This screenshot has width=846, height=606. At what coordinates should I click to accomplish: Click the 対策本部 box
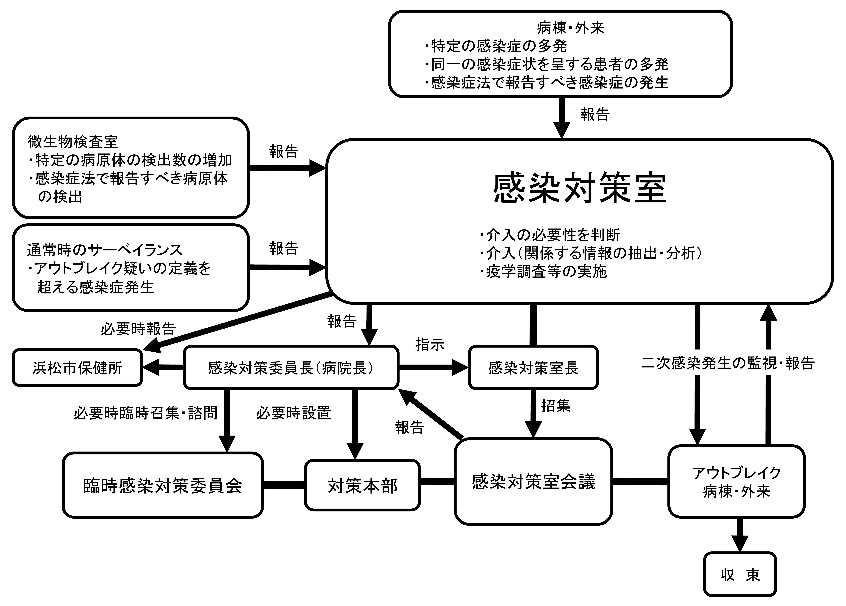point(363,485)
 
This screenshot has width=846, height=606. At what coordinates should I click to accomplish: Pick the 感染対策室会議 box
point(533,481)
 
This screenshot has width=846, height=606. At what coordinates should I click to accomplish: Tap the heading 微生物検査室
point(73,141)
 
